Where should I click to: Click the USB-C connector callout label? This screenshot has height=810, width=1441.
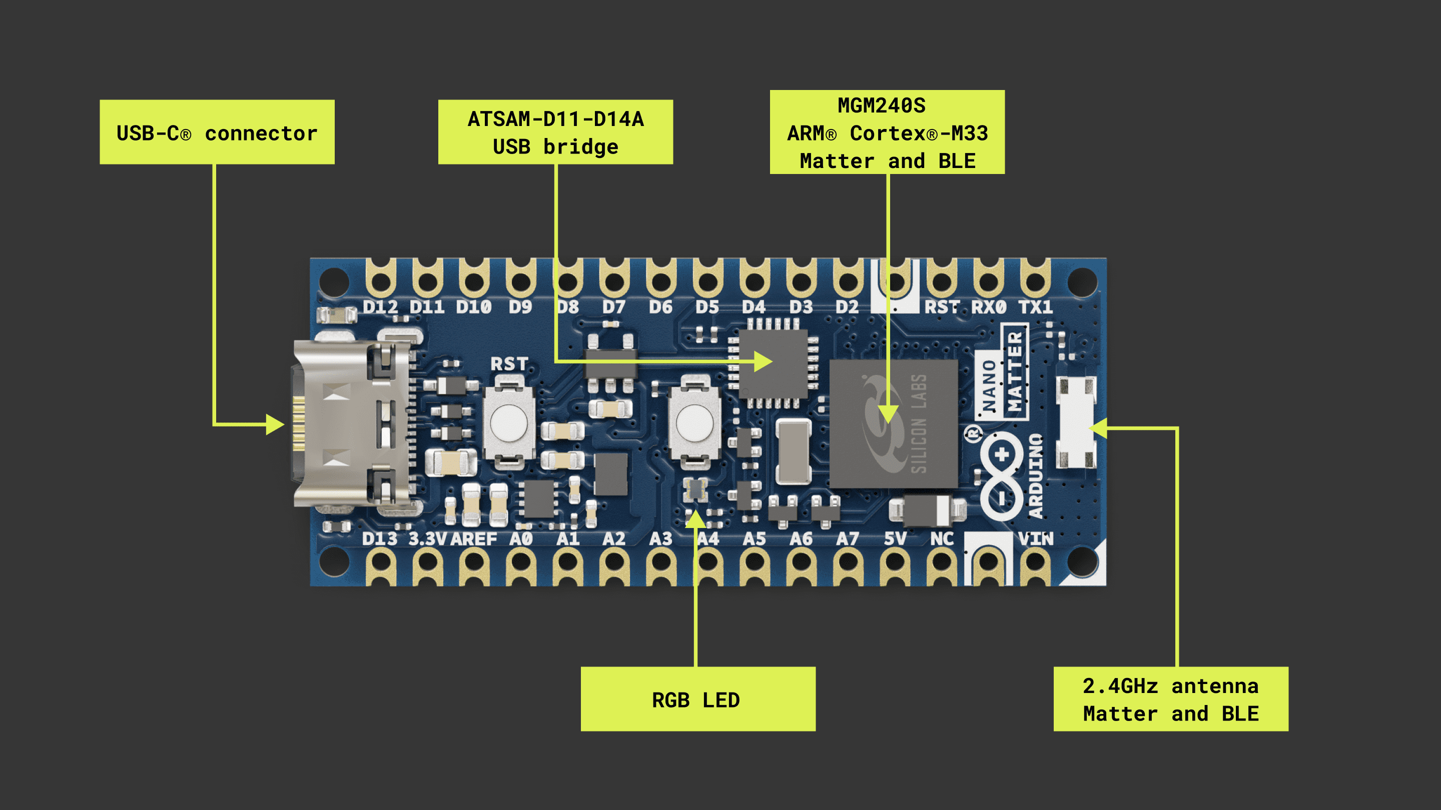click(217, 132)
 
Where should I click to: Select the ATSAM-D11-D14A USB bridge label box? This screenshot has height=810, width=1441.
click(555, 132)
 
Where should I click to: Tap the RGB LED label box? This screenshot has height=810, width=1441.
click(697, 699)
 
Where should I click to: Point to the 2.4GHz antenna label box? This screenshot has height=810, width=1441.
click(1170, 699)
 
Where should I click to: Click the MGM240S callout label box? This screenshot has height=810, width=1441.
click(887, 132)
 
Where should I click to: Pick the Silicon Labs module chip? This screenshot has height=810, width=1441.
click(893, 423)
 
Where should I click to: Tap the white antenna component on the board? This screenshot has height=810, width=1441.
click(1075, 422)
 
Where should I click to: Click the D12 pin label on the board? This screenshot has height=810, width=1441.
click(380, 307)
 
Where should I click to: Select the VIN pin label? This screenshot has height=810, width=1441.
click(1035, 539)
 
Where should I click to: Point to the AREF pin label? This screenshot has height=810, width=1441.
click(473, 539)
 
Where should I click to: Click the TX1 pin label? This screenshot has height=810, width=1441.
click(1035, 307)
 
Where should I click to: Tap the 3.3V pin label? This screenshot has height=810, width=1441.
click(427, 539)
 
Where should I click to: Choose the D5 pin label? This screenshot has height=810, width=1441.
click(707, 307)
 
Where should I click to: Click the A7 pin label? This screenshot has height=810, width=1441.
click(848, 539)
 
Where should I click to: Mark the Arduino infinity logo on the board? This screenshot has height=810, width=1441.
click(1001, 475)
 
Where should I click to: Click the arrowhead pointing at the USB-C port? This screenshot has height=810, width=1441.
click(276, 424)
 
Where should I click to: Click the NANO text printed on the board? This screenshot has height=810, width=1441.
click(989, 385)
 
